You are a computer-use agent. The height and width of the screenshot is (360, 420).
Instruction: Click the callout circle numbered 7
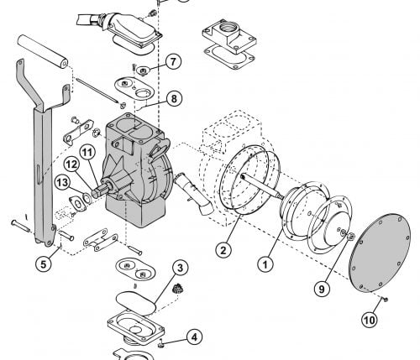click(x=173, y=61)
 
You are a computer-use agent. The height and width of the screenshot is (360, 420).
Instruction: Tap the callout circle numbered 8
click(x=174, y=98)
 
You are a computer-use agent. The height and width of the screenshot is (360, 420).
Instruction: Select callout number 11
click(x=87, y=153)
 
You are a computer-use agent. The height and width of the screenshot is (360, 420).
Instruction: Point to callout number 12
click(x=71, y=164)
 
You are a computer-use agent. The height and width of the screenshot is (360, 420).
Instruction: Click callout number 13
click(x=62, y=183)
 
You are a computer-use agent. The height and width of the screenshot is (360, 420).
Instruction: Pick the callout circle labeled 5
click(x=44, y=263)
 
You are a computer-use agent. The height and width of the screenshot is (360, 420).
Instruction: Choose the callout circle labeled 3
click(x=180, y=268)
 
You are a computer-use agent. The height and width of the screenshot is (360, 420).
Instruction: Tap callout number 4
click(x=194, y=337)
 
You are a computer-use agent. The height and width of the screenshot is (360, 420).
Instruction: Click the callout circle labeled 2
click(x=223, y=250)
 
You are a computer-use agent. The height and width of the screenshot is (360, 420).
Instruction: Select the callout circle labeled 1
click(x=265, y=263)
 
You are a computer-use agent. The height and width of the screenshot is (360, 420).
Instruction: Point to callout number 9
click(x=322, y=289)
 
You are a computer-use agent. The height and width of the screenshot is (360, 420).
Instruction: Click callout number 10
click(x=370, y=320)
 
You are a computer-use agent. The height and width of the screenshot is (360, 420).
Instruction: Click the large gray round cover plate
click(x=380, y=253)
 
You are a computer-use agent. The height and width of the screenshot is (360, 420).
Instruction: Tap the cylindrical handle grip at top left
click(x=42, y=51)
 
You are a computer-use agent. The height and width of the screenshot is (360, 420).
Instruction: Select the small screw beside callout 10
click(x=385, y=300)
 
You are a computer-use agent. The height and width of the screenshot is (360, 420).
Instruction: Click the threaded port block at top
click(x=229, y=36)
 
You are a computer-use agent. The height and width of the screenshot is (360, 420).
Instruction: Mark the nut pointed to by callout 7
click(x=143, y=70)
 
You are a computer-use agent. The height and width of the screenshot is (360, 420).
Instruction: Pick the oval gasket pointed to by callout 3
click(x=136, y=303)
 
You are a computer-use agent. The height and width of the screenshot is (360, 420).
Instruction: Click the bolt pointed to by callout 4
click(x=161, y=343)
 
